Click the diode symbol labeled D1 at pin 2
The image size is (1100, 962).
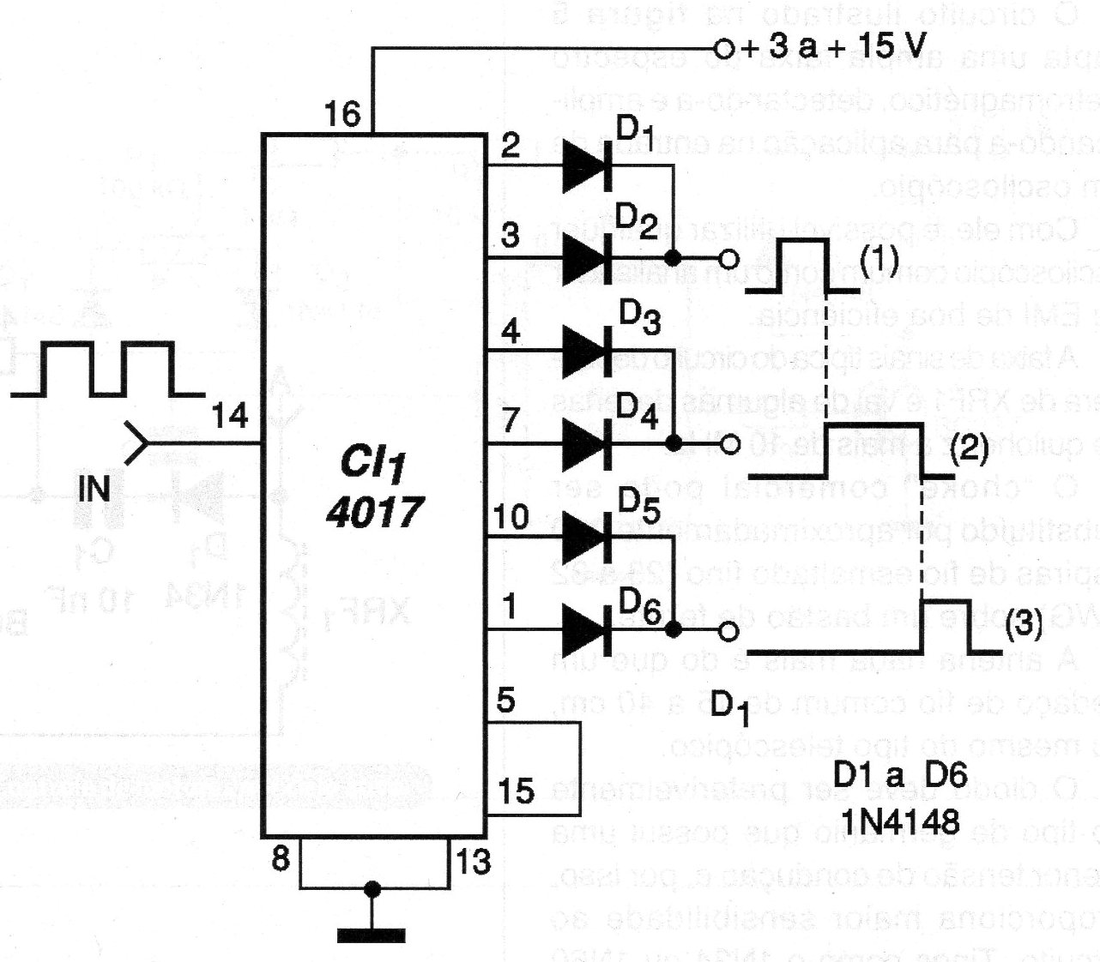(x=587, y=165)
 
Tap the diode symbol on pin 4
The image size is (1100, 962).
(x=587, y=351)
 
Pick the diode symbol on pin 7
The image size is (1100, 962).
(x=587, y=443)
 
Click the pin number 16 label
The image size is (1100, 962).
(x=343, y=113)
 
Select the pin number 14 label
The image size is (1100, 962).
(x=229, y=417)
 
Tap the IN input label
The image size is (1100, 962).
(x=94, y=489)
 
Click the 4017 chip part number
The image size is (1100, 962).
(x=374, y=512)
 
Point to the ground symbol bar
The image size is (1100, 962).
(x=372, y=934)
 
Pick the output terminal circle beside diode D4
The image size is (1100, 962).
(x=730, y=444)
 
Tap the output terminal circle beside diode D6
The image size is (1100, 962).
(x=728, y=632)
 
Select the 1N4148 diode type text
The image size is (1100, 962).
(x=900, y=822)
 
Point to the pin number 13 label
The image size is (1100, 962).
(x=472, y=860)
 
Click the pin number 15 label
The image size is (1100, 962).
(x=516, y=791)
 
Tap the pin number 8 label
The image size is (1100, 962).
(x=281, y=859)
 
